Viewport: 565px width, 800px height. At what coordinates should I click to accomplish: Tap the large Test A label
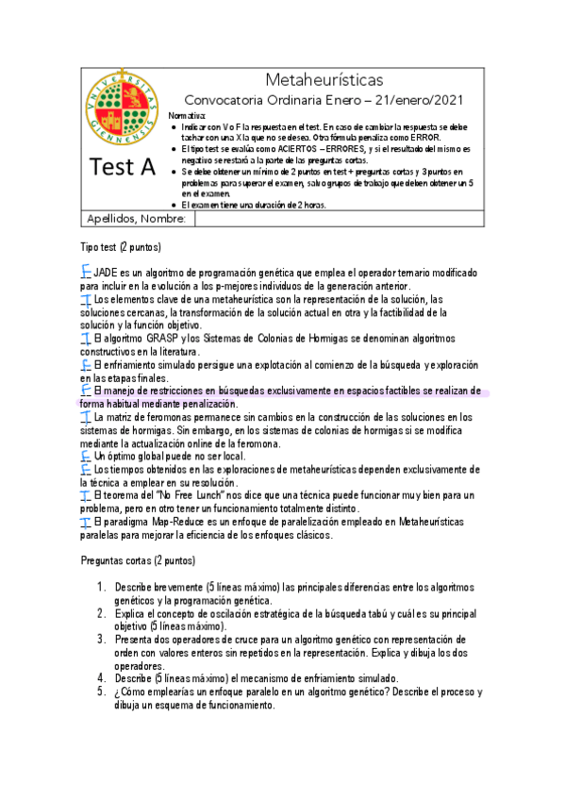click(124, 168)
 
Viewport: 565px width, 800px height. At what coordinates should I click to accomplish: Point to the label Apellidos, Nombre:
click(138, 219)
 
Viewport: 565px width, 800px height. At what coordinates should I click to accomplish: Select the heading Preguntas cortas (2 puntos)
click(139, 561)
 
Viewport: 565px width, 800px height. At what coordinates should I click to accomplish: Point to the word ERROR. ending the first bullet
click(423, 137)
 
